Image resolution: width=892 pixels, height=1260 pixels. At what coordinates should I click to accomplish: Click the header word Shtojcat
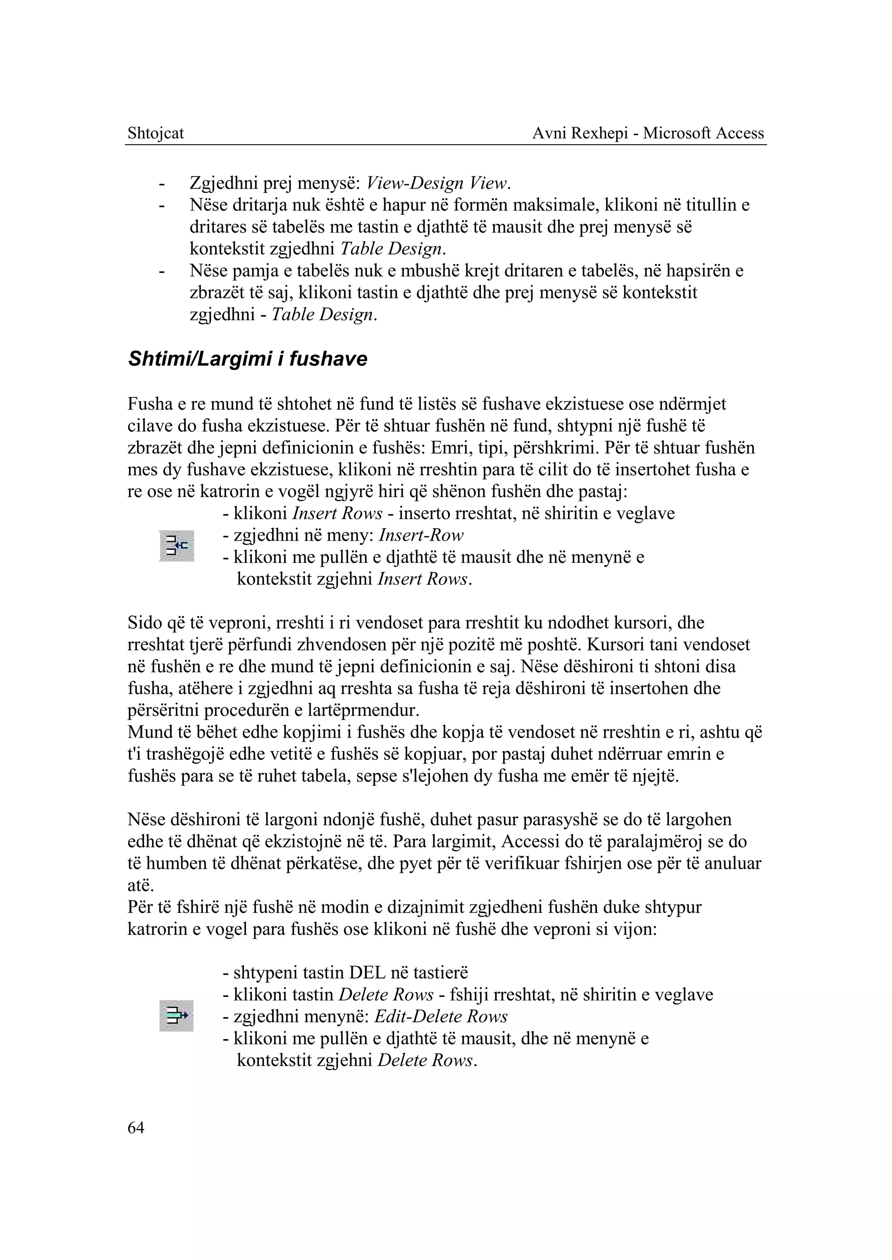155,133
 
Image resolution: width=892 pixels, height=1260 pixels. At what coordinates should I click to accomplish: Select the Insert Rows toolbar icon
176,545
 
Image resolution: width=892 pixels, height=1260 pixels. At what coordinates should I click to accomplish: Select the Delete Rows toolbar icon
176,1016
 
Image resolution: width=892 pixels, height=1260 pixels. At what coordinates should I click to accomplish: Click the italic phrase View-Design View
438,183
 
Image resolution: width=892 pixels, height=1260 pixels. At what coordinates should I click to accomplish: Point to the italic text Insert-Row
421,535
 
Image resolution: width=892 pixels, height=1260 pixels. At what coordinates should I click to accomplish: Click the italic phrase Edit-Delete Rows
440,1016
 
